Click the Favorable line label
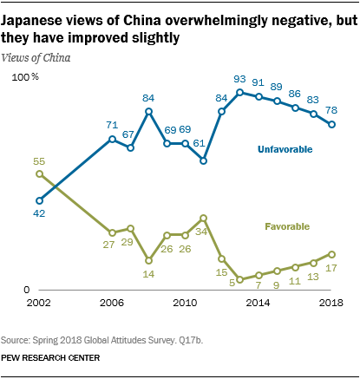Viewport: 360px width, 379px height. point(287,226)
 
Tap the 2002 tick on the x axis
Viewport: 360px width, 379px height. point(38,303)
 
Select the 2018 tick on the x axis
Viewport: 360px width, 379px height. point(331,303)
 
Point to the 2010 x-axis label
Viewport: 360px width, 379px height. point(185,303)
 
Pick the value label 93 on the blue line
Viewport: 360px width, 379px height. point(240,80)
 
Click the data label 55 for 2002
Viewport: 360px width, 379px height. point(39,161)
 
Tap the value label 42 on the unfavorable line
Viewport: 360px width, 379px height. point(39,213)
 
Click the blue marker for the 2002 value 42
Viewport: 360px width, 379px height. point(39,200)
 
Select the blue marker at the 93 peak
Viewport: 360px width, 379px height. point(239,93)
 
